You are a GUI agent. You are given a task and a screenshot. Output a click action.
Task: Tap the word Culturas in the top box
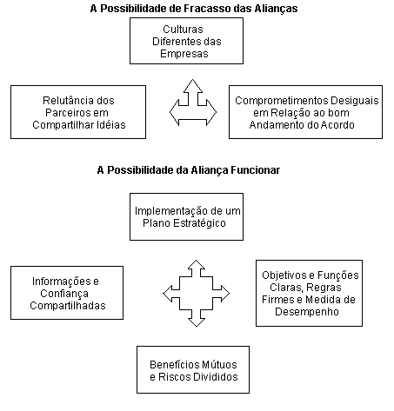click(x=183, y=30)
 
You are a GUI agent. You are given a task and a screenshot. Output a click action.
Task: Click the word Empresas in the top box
click(x=184, y=54)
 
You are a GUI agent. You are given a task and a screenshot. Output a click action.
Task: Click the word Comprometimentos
click(x=281, y=101)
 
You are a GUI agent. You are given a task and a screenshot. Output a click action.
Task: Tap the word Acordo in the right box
click(x=338, y=125)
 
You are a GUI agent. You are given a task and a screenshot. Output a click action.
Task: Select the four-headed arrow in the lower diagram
click(x=197, y=294)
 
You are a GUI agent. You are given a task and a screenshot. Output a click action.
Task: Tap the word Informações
click(x=57, y=282)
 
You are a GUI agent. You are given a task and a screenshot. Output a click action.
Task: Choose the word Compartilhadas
click(x=68, y=306)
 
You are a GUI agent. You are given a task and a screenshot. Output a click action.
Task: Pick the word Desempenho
click(x=307, y=312)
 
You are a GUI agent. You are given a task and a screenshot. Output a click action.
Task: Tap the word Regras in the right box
click(x=324, y=288)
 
